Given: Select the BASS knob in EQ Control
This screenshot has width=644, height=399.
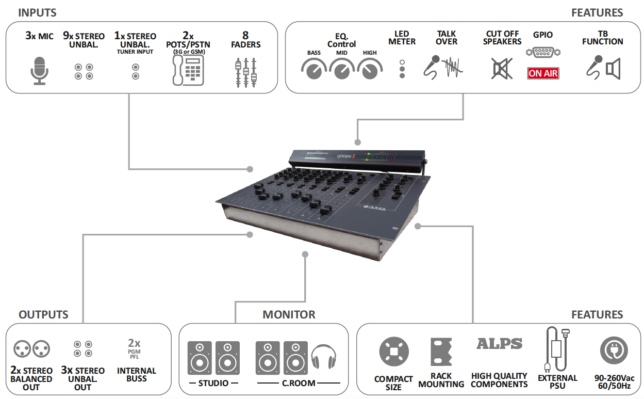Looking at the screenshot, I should click(x=314, y=69).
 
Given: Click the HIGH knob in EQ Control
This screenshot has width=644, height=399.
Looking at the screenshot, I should click(x=370, y=69).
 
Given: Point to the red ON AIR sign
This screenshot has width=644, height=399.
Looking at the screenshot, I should click(x=543, y=73).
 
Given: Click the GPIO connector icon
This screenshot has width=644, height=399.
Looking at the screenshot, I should click(x=543, y=52).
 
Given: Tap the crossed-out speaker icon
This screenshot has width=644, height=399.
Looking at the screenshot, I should click(x=502, y=69).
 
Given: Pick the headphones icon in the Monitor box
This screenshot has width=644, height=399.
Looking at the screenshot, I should click(x=323, y=356).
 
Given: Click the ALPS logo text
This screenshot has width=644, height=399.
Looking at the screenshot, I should click(x=499, y=344).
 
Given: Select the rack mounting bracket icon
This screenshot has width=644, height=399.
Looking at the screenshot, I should click(x=441, y=352).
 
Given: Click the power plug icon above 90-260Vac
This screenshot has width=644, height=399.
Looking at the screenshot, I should click(x=614, y=350).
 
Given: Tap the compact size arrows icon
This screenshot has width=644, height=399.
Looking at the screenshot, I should click(x=393, y=352).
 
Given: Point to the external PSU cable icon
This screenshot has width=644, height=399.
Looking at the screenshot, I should click(x=556, y=348).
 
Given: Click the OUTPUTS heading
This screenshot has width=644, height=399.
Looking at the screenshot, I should click(x=43, y=314).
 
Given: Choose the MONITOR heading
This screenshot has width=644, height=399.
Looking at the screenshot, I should click(x=289, y=314).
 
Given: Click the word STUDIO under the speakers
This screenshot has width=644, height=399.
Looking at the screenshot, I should click(x=213, y=384).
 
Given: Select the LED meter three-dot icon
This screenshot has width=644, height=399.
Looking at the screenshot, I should click(x=402, y=68).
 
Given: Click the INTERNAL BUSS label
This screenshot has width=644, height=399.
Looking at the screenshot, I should click(x=137, y=375).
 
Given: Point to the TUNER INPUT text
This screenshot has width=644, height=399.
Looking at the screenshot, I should click(x=135, y=52).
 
